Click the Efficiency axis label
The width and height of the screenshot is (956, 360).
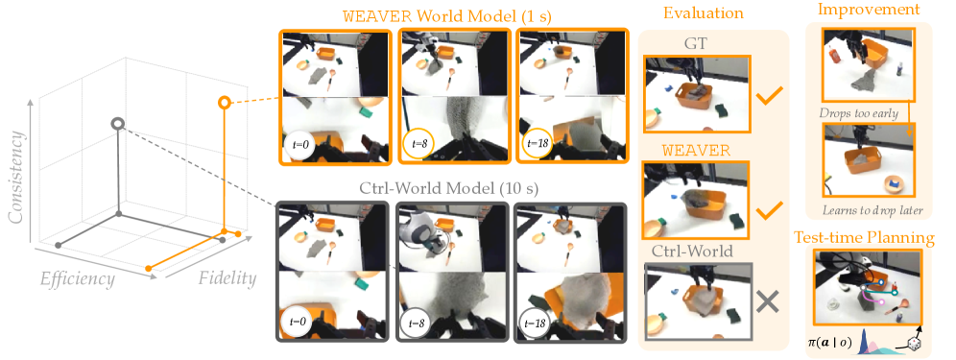point(78,279)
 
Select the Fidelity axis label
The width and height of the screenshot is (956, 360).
point(227,279)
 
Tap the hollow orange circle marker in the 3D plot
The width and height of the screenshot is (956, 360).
point(225,103)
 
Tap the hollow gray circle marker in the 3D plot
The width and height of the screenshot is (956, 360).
point(118,124)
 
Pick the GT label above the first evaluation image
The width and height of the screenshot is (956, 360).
point(694,42)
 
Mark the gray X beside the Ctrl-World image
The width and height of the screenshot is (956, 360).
point(768,300)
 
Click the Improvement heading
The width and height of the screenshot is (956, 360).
point(869,10)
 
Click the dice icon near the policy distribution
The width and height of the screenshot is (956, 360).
point(913,346)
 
